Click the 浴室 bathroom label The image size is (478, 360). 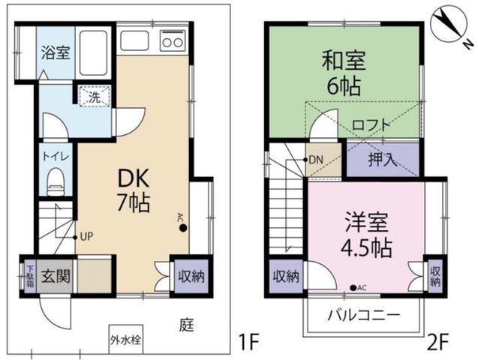(56, 52)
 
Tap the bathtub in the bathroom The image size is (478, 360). (93, 53)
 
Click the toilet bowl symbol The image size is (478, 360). (56, 182)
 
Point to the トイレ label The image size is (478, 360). (56, 157)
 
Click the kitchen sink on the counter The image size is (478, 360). (135, 40)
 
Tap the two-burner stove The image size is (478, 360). (173, 40)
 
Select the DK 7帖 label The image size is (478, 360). (134, 190)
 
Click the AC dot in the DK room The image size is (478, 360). (183, 228)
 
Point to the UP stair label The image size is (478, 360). (86, 237)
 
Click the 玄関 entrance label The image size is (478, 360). (56, 277)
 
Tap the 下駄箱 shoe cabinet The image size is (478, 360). (30, 277)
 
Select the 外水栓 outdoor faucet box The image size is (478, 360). (126, 339)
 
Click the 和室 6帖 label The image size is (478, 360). (344, 73)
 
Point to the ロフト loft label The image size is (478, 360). (371, 125)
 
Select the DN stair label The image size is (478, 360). (316, 160)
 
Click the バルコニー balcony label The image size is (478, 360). (363, 316)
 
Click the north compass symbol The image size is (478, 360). (449, 25)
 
